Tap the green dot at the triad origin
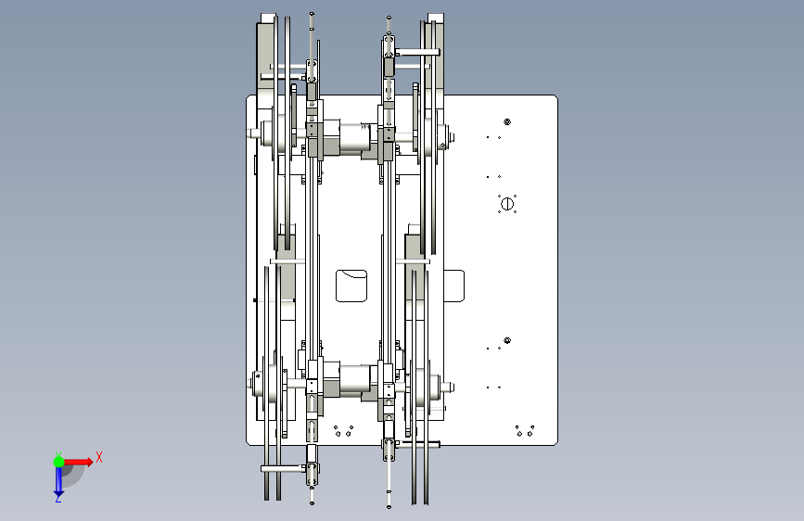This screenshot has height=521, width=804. [x=58, y=462]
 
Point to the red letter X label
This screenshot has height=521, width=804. [x=99, y=457]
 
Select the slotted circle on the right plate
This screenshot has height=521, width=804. [x=507, y=204]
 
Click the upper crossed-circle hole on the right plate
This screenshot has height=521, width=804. [x=507, y=122]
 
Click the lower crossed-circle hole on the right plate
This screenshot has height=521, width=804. [x=507, y=340]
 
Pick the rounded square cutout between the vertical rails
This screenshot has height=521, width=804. [x=351, y=286]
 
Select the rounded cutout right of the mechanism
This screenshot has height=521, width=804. [x=454, y=286]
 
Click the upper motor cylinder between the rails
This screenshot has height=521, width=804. [x=354, y=138]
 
